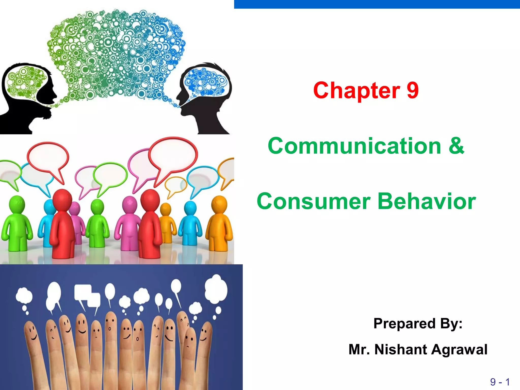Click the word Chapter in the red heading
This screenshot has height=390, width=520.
pyautogui.click(x=356, y=91)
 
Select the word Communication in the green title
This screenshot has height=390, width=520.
pyautogui.click(x=354, y=146)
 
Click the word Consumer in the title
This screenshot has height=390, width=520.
pyautogui.click(x=314, y=201)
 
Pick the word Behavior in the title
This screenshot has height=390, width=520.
pyautogui.click(x=427, y=201)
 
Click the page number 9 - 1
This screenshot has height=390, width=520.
pyautogui.click(x=500, y=382)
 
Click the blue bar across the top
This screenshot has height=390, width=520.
pyautogui.click(x=377, y=4)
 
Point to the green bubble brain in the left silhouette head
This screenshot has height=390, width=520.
pyautogui.click(x=25, y=80)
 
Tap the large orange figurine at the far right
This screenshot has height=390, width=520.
pyautogui.click(x=219, y=223)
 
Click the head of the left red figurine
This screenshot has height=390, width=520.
pyautogui.click(x=62, y=199)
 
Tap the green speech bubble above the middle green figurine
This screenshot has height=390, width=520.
pyautogui.click(x=110, y=175)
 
